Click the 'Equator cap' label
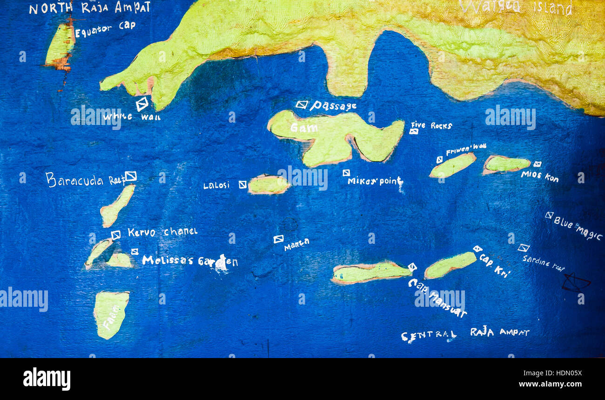tap(105, 29)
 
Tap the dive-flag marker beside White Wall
tap(142, 103)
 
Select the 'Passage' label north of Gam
tap(333, 106)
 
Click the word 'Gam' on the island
tap(303, 127)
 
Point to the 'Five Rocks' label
tap(431, 125)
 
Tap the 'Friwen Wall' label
tap(465, 150)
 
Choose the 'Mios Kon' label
tap(539, 176)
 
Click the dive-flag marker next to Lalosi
tap(242, 185)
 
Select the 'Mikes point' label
tap(375, 181)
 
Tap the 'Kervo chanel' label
tap(162, 232)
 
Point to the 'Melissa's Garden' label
tap(189, 261)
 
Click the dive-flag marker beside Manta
tap(278, 239)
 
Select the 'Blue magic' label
tap(578, 228)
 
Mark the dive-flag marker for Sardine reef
tap(523, 248)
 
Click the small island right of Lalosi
tap(269, 185)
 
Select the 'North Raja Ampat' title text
tap(89, 8)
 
